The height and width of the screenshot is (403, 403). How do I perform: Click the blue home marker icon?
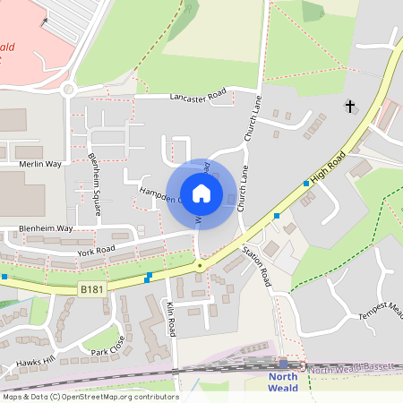click(201, 193)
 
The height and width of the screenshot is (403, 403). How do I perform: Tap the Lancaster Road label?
click(189, 97)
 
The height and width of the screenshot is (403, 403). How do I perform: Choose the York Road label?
click(96, 248)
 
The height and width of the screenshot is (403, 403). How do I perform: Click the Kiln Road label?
click(171, 318)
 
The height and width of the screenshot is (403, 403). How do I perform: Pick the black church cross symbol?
click(349, 107)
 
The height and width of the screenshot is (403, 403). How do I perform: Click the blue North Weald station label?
click(283, 382)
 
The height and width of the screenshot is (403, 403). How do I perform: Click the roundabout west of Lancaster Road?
click(68, 88)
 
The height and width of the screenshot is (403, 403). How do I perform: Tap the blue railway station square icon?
click(283, 364)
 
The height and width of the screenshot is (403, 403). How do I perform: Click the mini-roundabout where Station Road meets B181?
click(200, 266)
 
